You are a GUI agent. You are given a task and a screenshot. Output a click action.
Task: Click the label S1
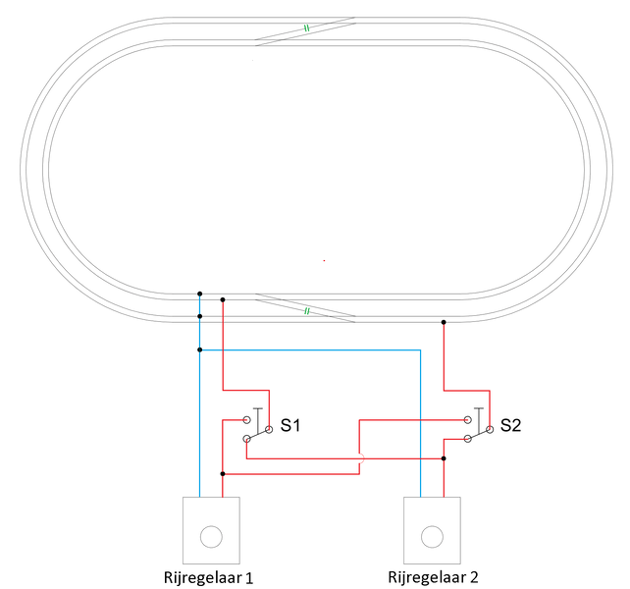click(x=290, y=425)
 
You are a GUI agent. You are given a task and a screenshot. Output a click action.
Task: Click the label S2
click(x=510, y=425)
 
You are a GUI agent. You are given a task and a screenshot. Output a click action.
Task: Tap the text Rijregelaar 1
click(x=208, y=578)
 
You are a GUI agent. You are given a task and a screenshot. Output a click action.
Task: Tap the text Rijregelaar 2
click(x=433, y=577)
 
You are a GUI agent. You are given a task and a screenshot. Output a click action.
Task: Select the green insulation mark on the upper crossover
click(x=306, y=28)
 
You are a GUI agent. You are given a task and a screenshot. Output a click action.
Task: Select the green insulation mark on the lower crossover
click(x=306, y=311)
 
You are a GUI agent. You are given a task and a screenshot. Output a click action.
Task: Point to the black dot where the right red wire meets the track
click(x=444, y=322)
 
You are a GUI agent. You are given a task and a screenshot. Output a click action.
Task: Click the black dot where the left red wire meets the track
click(x=223, y=300)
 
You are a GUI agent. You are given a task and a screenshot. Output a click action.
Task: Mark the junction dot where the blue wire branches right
click(x=199, y=349)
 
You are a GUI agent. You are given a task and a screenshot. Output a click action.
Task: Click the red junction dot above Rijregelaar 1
click(x=223, y=474)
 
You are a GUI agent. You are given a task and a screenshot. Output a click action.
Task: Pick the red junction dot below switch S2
click(x=444, y=458)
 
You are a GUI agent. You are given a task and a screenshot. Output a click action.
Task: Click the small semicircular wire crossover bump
click(x=362, y=458)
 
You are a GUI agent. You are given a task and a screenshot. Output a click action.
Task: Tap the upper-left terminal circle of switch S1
click(x=246, y=420)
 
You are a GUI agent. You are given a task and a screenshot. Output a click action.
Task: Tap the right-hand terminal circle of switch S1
click(x=269, y=429)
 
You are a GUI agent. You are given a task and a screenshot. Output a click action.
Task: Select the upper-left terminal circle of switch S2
click(x=467, y=420)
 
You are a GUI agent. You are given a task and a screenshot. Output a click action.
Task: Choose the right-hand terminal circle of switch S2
click(x=490, y=429)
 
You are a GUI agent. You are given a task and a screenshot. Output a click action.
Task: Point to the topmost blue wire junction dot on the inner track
click(x=199, y=294)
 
